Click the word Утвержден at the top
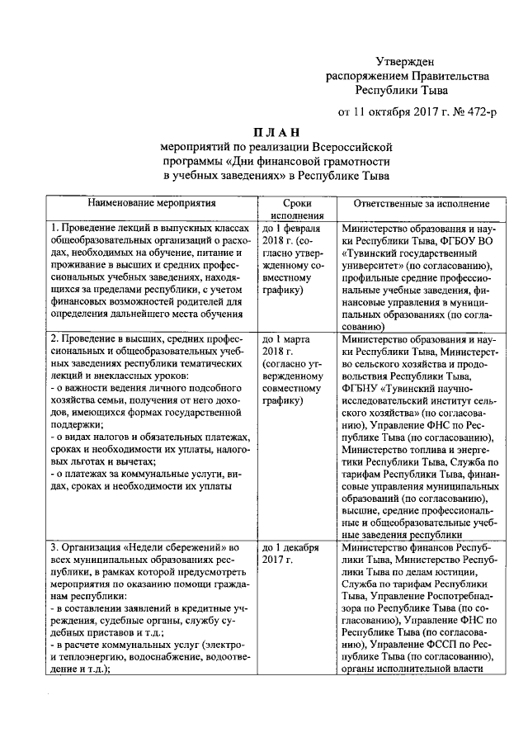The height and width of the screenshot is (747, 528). (x=404, y=61)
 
